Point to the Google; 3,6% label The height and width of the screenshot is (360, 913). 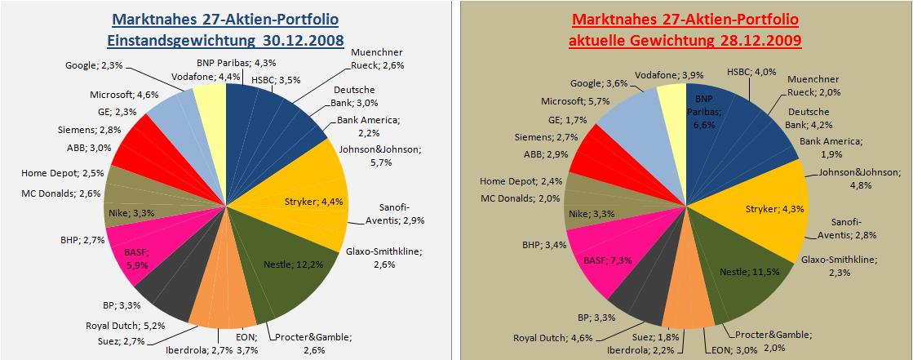click(x=598, y=83)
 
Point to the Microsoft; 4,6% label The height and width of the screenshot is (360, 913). click(x=118, y=94)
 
